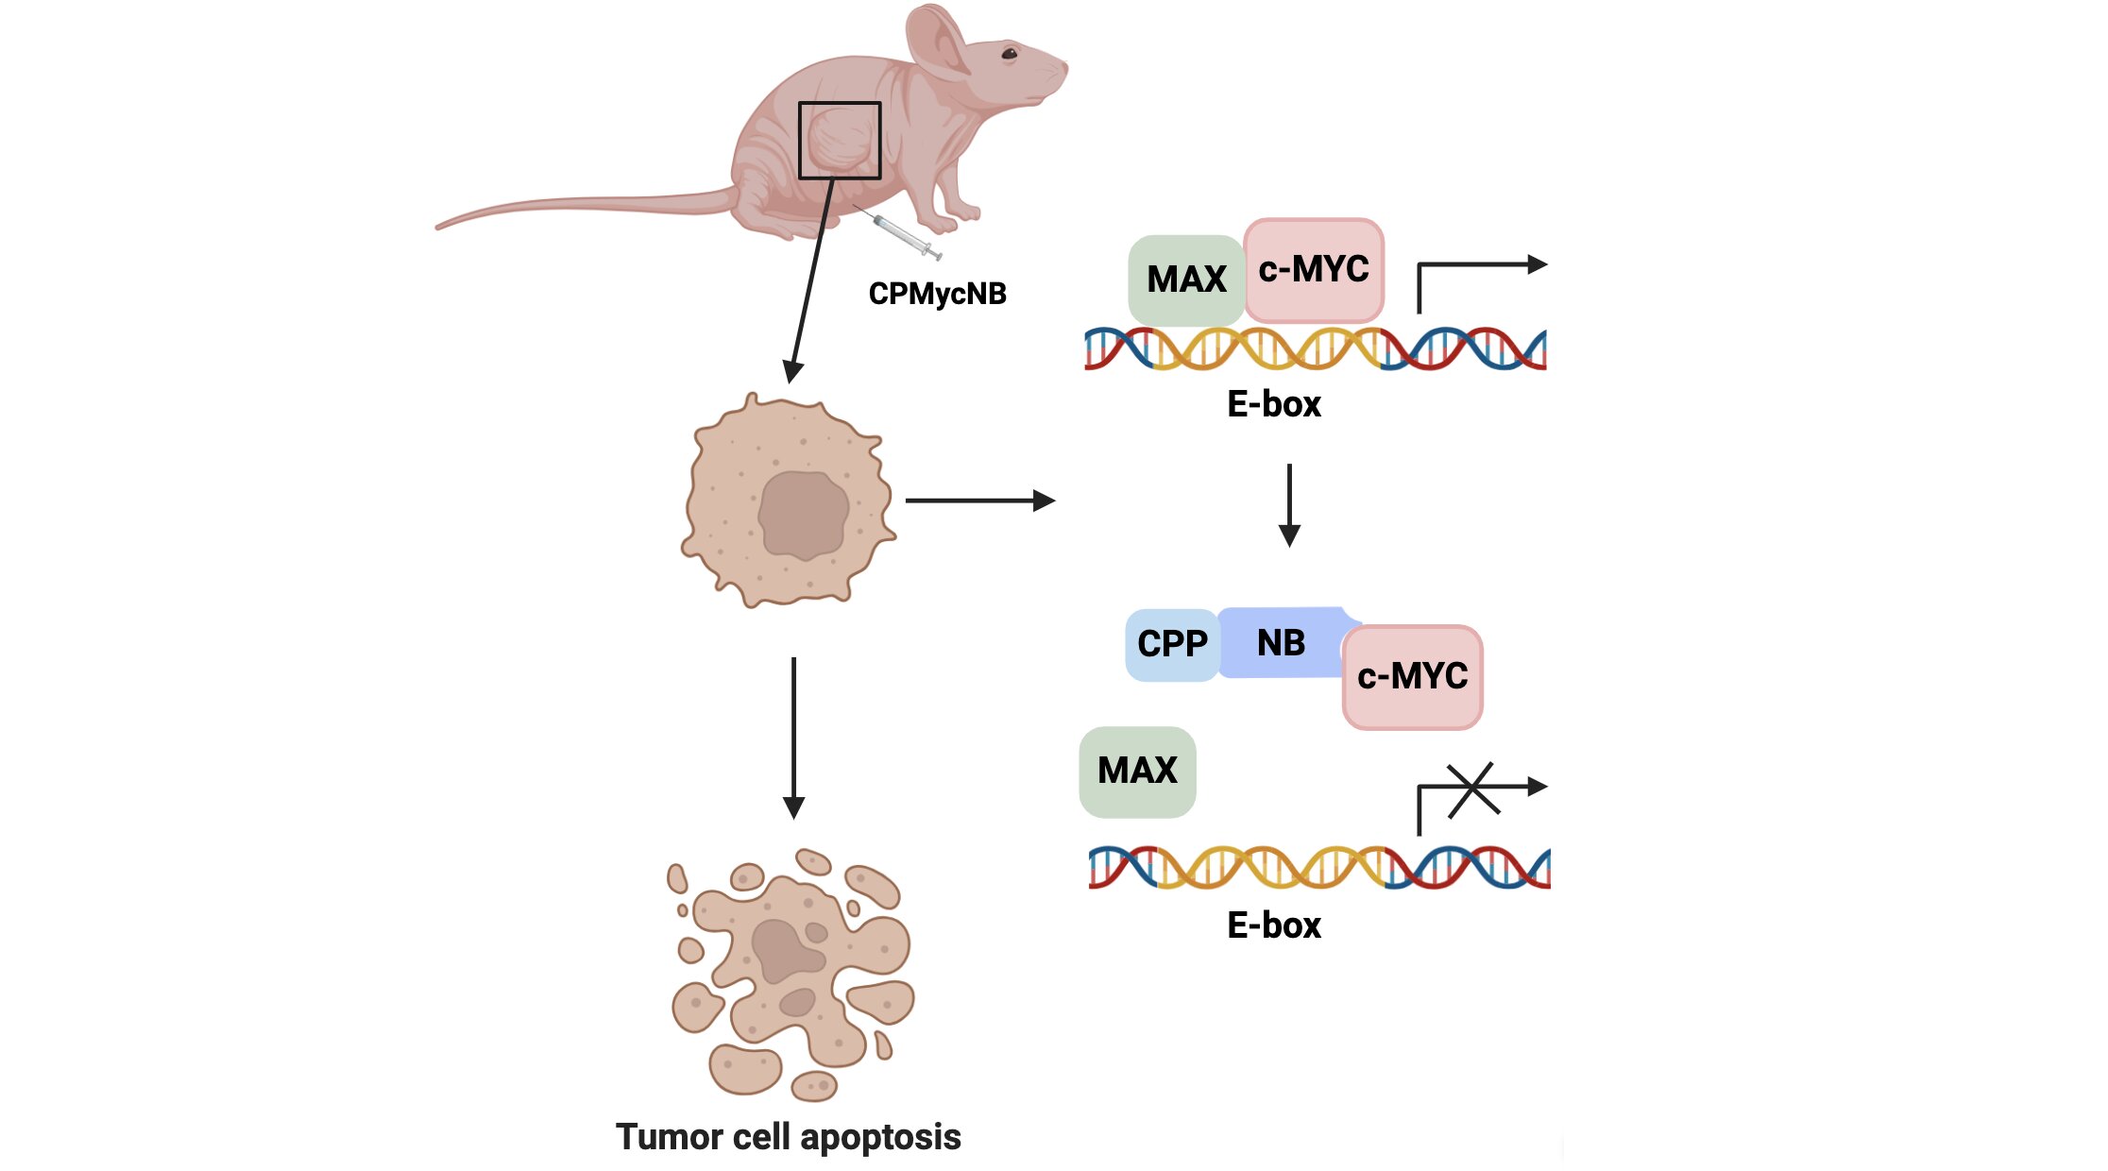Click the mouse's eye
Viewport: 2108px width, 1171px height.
pyautogui.click(x=1010, y=54)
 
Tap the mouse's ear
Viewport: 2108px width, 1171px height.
pyautogui.click(x=941, y=42)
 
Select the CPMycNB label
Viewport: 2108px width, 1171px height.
pyautogui.click(x=937, y=294)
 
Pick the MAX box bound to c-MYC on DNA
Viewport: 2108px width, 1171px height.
pyautogui.click(x=1186, y=280)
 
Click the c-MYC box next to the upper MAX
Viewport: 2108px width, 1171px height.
pyautogui.click(x=1314, y=270)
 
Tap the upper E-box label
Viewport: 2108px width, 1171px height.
pyautogui.click(x=1273, y=404)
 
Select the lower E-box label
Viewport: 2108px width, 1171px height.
pyautogui.click(x=1273, y=925)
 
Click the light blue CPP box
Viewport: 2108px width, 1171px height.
pyautogui.click(x=1172, y=644)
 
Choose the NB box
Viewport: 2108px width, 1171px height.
pyautogui.click(x=1281, y=643)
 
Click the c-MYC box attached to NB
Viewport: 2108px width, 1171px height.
pyautogui.click(x=1412, y=676)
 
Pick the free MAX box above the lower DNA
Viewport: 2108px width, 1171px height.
pyautogui.click(x=1137, y=771)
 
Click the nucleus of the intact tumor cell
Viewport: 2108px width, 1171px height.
pyautogui.click(x=803, y=516)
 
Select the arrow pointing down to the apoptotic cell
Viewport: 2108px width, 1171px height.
pyautogui.click(x=793, y=738)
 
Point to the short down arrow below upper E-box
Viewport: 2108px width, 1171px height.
pyautogui.click(x=1289, y=505)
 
